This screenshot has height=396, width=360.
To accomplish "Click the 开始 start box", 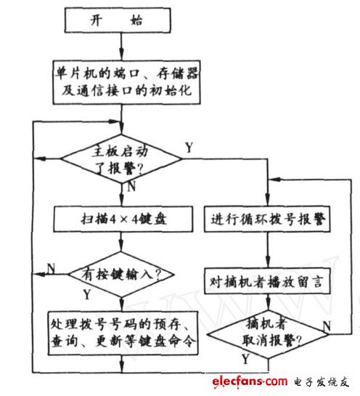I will [x=120, y=20].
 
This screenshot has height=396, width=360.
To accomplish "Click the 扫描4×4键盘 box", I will [x=120, y=218].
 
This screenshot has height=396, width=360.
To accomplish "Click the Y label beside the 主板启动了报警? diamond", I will [x=189, y=148].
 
